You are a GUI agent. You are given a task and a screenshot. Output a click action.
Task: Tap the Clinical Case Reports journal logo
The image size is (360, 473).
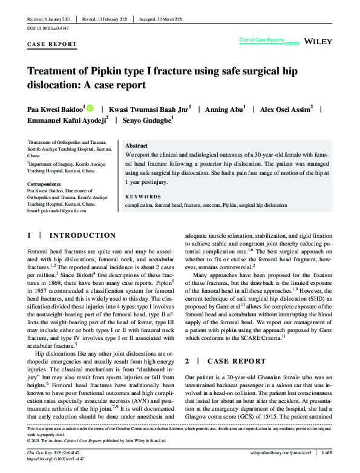pos(261,41)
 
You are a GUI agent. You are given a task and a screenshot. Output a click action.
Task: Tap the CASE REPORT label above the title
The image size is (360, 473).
pos(53,44)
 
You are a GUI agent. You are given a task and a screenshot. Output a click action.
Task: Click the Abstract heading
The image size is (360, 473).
pos(136,146)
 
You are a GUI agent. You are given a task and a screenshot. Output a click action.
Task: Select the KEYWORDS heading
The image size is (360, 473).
pos(143,197)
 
